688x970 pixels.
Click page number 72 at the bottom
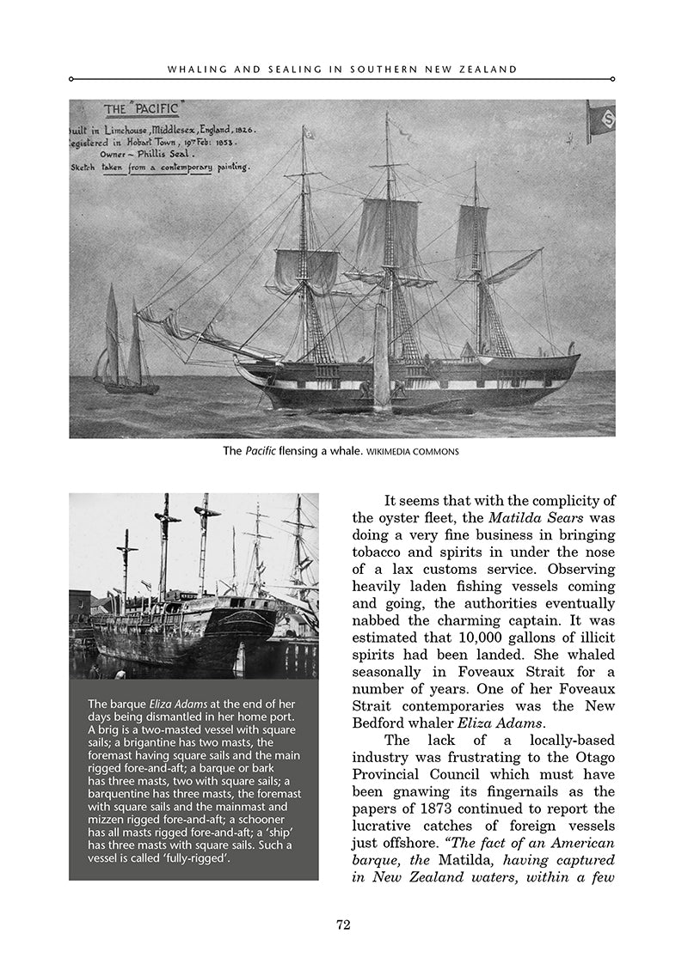point(343,924)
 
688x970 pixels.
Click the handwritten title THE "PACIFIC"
point(141,109)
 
